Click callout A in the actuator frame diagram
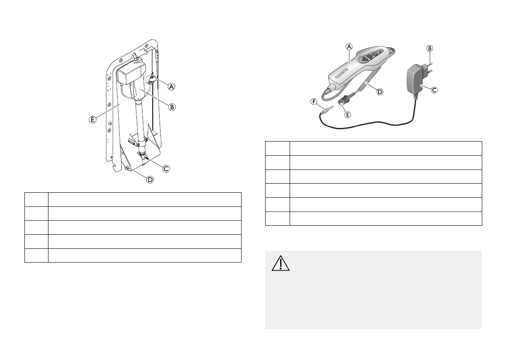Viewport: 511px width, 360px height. (172, 87)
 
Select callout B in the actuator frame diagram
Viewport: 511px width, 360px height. (172, 107)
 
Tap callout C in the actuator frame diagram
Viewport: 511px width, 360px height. (166, 169)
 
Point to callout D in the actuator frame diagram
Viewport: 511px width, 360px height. (150, 179)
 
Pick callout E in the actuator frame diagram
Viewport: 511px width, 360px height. (92, 120)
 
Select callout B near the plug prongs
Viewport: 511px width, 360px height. (429, 48)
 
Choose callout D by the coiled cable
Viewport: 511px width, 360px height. (379, 91)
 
